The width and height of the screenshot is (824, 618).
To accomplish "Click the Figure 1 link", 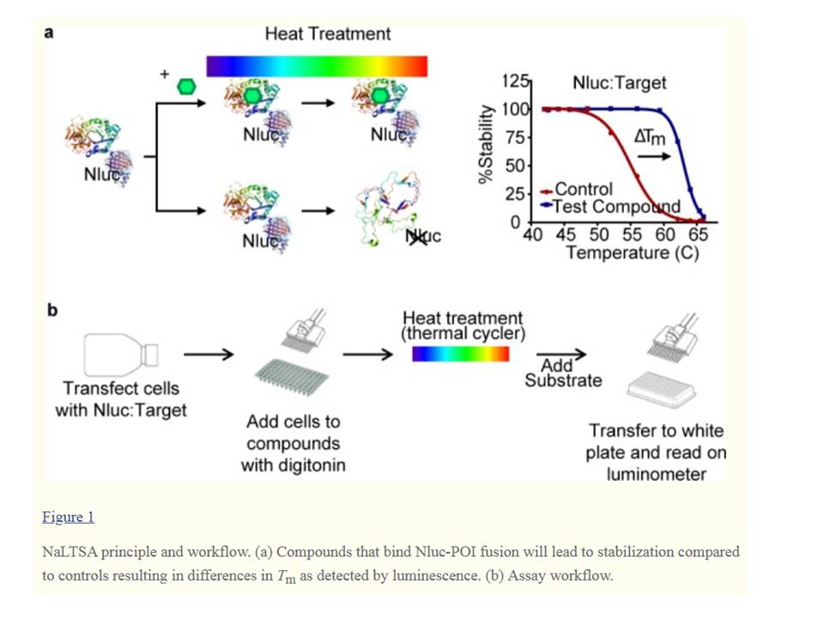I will coord(68,517).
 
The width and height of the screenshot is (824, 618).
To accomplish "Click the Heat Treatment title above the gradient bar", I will coord(327,34).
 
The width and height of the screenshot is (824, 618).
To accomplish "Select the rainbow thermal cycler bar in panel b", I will coord(460,354).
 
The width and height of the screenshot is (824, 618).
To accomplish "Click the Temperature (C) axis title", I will coord(632,253).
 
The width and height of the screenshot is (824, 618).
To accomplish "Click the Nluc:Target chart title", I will coord(619,83).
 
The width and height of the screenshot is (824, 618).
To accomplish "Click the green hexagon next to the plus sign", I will coord(186,88).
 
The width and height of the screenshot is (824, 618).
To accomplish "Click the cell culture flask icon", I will coord(120,353).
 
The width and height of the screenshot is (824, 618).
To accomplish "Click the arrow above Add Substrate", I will coord(562,354).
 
